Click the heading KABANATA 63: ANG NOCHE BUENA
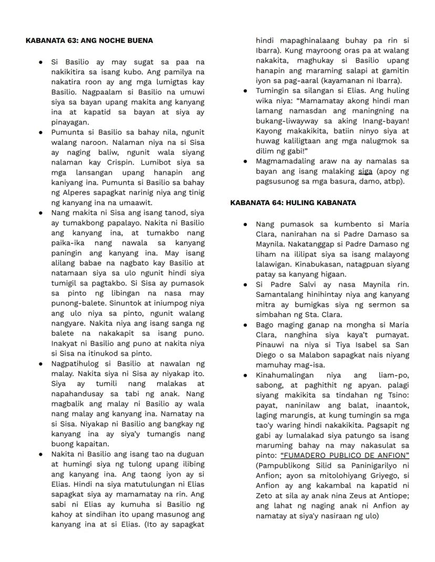coord(89,40)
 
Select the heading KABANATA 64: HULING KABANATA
coord(293,203)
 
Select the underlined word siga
coord(365,171)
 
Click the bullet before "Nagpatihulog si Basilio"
coord(40,363)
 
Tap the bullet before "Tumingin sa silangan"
coord(245,91)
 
